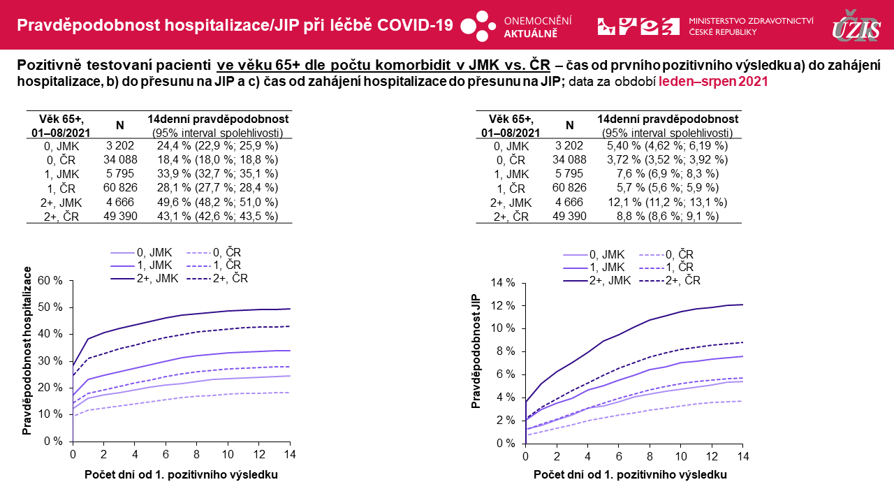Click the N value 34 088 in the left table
tap(120, 160)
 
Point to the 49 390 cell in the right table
tap(569, 216)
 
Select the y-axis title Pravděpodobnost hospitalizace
tap(28, 351)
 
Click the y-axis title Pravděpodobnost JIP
tap(477, 351)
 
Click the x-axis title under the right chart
tap(630, 474)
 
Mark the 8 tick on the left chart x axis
tap(196, 454)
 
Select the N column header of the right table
tap(569, 125)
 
